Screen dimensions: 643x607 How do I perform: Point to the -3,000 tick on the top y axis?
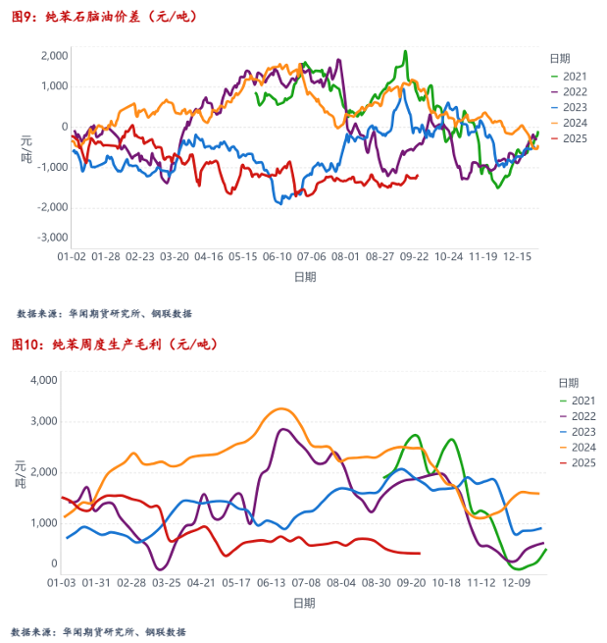coord(53,238)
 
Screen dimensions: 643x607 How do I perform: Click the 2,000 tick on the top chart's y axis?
coord(55,55)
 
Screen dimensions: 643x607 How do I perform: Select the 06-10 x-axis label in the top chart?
coord(278,256)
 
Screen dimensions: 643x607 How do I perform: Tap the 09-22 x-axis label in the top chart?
coord(414,256)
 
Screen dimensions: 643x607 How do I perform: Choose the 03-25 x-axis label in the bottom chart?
coord(166,582)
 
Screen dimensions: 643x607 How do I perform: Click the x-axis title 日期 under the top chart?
coord(305,277)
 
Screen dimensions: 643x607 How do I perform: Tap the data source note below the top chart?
coord(104,314)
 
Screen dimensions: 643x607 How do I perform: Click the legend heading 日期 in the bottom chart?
coord(567,382)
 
